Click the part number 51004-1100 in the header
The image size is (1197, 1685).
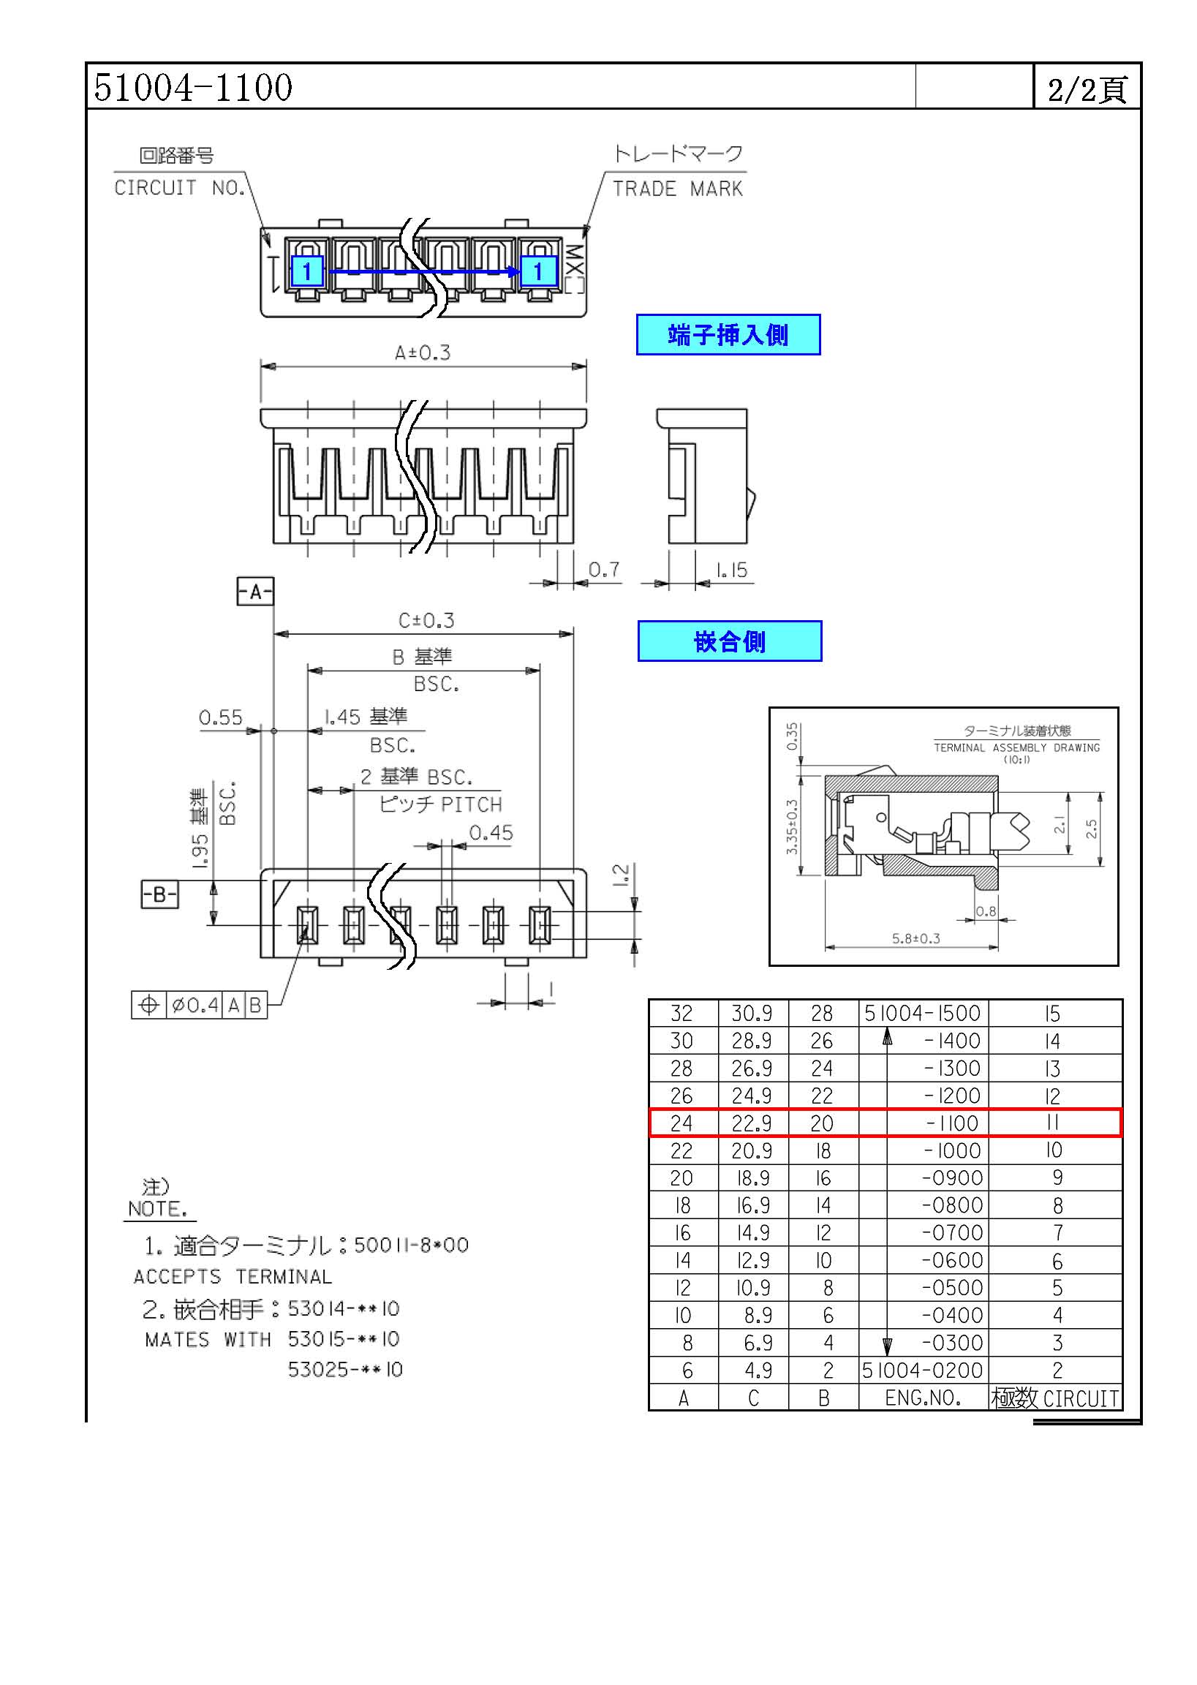coord(193,87)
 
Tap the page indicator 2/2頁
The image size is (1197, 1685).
coord(1087,90)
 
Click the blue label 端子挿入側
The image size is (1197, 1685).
coord(728,335)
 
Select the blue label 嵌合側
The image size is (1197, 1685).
coord(730,641)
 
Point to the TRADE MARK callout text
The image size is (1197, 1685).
coord(677,189)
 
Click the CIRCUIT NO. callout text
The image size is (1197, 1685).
coord(180,188)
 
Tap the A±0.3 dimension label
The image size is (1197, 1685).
coord(423,353)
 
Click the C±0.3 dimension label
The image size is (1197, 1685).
coord(426,621)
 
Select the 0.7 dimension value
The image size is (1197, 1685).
coord(604,570)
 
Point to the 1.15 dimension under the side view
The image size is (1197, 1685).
coord(732,570)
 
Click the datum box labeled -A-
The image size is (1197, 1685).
coord(255,591)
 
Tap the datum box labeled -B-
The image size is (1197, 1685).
coord(159,895)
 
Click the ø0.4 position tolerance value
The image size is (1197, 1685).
coord(195,1005)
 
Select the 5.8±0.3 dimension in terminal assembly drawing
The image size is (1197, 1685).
coord(916,938)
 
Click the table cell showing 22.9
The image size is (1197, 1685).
coord(752,1123)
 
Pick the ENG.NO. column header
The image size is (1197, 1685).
coord(923,1398)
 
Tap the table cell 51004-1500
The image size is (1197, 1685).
coord(923,1014)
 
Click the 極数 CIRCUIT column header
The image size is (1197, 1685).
coord(1054,1398)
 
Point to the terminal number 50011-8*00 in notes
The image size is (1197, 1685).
coord(411,1245)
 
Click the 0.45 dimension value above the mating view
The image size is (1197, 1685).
coord(491,833)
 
